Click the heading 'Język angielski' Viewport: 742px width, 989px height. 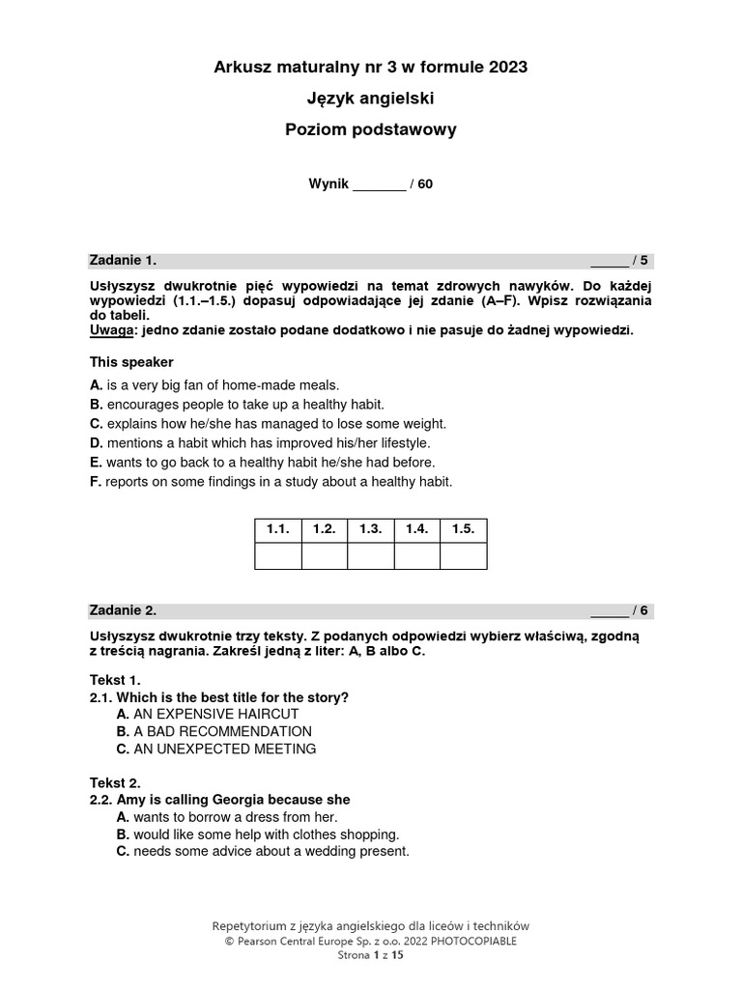coord(370,98)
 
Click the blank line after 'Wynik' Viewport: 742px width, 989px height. coord(380,184)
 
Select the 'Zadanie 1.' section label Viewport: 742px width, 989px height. coord(123,261)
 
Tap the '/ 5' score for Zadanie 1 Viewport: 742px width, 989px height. coord(642,261)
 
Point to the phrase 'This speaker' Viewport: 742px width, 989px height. coord(131,362)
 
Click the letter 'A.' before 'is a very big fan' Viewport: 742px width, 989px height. coord(96,384)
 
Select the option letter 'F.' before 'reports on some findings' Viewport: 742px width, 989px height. coord(96,481)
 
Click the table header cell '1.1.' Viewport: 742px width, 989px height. coord(278,530)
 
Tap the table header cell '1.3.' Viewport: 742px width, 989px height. coord(371,530)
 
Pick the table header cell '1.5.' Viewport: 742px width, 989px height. coord(464,530)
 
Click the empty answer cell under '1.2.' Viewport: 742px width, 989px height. coord(325,556)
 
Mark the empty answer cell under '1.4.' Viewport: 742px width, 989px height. coord(417,556)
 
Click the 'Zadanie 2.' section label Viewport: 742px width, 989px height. coord(123,610)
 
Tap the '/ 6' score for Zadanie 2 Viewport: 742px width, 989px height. coord(642,610)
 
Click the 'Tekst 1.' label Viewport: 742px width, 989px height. coord(115,680)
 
